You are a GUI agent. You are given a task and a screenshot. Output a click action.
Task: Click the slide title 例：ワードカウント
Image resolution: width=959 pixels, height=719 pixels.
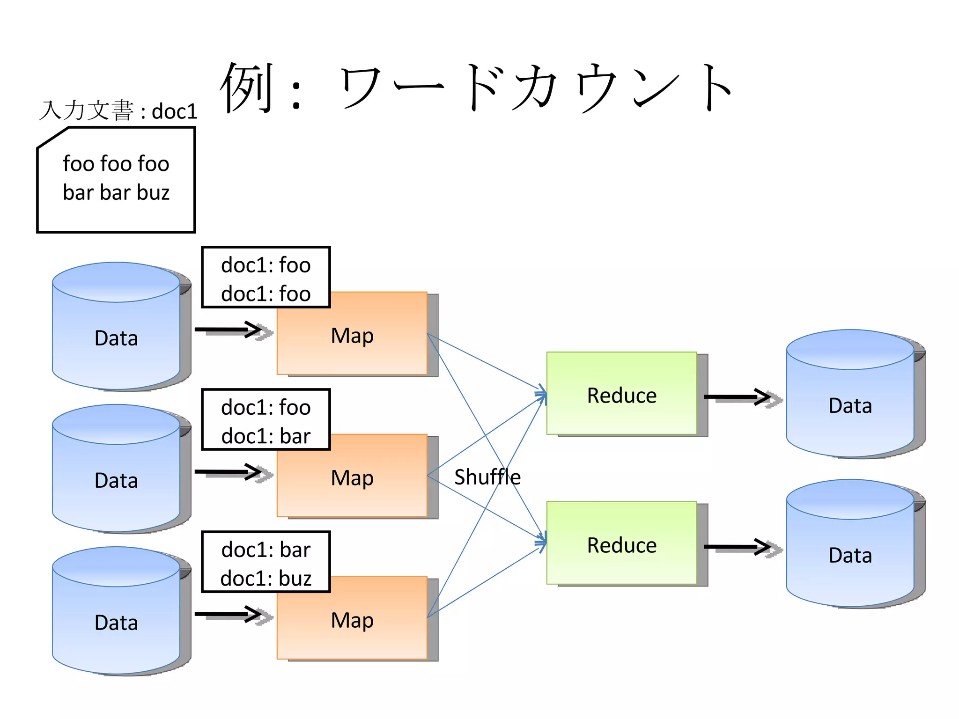point(475,88)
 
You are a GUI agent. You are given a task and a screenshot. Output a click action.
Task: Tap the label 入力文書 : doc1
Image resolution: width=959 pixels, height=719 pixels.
point(118,111)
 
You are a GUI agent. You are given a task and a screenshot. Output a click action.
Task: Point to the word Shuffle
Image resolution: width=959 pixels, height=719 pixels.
point(487,477)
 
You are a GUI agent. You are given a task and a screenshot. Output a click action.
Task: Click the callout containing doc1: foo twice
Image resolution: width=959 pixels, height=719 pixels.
point(266,278)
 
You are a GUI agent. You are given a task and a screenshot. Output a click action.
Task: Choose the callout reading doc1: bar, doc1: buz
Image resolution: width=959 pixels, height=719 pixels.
point(266,563)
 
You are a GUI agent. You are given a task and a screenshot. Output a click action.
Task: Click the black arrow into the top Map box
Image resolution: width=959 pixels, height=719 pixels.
point(229,330)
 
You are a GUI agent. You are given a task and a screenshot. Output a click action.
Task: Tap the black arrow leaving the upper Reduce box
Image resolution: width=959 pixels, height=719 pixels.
point(738,397)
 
